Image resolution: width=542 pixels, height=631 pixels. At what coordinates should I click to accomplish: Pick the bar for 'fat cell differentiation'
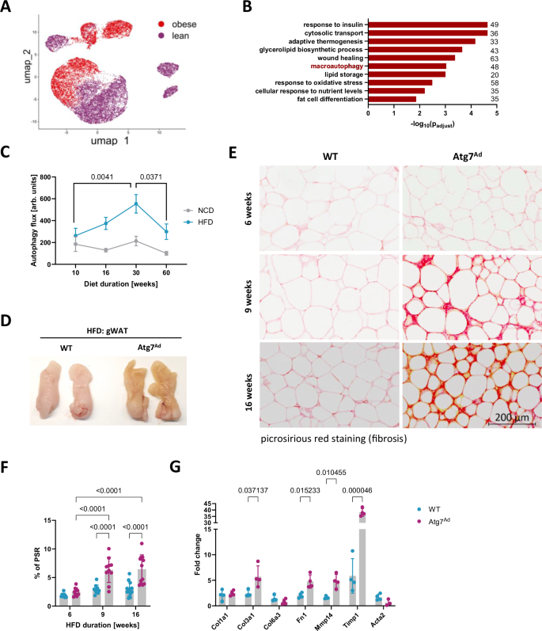pos(392,99)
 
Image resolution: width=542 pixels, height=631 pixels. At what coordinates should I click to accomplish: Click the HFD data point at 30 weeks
pos(135,203)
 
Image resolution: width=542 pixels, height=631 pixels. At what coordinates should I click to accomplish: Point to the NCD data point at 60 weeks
pos(167,253)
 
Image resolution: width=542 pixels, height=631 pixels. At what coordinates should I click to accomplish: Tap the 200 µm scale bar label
pos(510,417)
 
